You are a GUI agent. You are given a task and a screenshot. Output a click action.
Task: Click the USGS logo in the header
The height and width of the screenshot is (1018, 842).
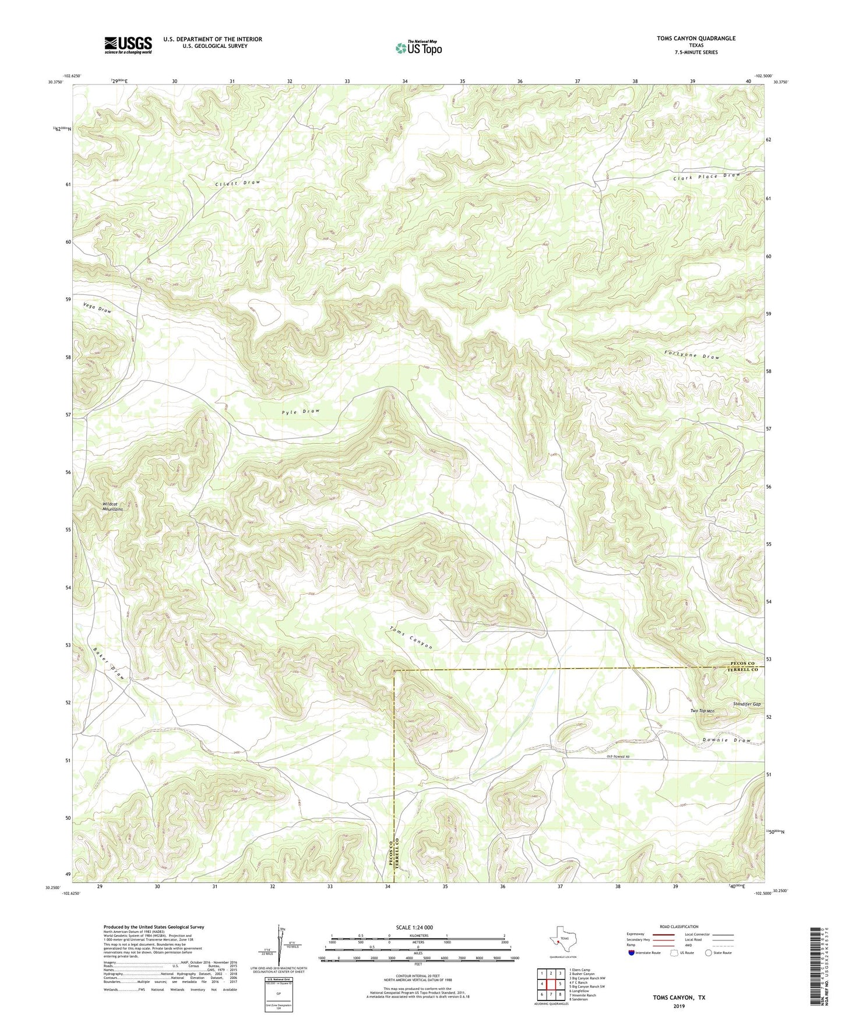coord(128,44)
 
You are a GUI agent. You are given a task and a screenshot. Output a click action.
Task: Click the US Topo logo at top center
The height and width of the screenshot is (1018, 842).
coord(418,48)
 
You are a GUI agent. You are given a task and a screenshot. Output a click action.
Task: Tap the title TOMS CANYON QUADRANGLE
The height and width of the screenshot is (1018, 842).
coord(688,38)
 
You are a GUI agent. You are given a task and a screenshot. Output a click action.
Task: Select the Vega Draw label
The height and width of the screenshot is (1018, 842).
coord(97,307)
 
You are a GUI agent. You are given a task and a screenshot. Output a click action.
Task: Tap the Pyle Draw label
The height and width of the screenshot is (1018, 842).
coord(301,412)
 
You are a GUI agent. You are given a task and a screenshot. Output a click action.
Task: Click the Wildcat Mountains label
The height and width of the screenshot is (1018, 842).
coord(112,506)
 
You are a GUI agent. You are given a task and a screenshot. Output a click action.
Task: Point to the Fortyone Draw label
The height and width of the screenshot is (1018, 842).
coord(692,356)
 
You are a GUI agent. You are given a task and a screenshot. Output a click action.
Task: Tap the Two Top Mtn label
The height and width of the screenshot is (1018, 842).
coord(702,711)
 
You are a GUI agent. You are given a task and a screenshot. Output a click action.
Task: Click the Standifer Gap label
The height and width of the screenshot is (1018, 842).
coord(746,704)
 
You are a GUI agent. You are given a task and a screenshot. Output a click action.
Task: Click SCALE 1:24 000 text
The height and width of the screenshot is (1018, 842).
coord(414,927)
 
